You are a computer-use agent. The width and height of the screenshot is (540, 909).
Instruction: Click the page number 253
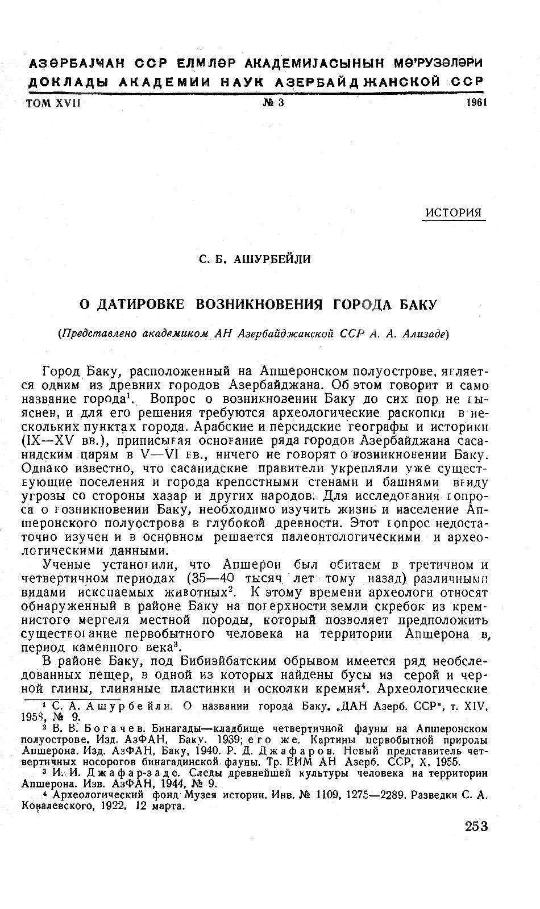pyautogui.click(x=475, y=826)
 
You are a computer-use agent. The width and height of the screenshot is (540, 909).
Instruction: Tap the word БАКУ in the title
pyautogui.click(x=417, y=305)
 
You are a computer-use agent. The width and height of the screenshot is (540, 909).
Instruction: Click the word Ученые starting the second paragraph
pyautogui.click(x=68, y=565)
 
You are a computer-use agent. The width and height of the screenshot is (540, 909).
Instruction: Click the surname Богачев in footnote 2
pyautogui.click(x=87, y=728)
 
